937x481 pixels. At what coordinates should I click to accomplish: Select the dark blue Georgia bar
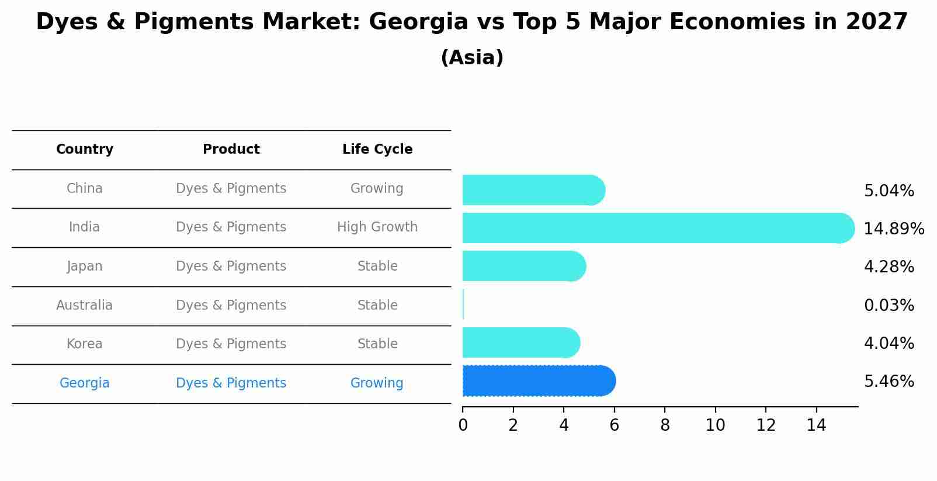[x=537, y=381]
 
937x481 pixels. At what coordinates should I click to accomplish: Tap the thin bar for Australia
[x=463, y=304]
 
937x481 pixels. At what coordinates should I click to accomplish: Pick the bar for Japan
[x=523, y=266]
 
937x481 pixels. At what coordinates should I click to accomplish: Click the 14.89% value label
[x=893, y=229]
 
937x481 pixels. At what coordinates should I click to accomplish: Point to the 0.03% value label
[x=889, y=305]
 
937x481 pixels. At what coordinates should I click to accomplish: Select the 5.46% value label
[x=889, y=382]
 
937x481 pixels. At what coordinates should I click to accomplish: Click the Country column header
[x=85, y=150]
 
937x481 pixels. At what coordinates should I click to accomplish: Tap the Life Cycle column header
[x=377, y=150]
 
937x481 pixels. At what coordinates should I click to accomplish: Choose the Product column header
[x=231, y=150]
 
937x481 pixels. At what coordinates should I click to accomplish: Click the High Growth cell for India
[x=377, y=227]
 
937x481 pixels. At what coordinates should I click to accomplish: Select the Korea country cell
[x=85, y=344]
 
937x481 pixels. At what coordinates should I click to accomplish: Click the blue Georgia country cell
[x=85, y=383]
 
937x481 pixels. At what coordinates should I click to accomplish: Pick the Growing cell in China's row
[x=377, y=188]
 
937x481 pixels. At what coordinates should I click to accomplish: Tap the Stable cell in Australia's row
[x=377, y=305]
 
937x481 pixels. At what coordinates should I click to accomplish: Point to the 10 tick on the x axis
[x=715, y=425]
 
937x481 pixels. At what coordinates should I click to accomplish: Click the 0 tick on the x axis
[x=463, y=425]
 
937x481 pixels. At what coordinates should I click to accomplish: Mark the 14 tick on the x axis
[x=816, y=425]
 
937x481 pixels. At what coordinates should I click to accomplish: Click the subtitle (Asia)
[x=472, y=58]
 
